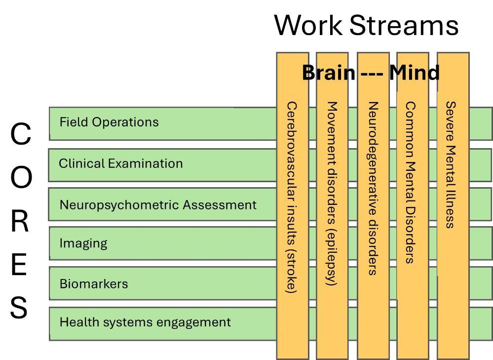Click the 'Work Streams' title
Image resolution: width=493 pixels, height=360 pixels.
tap(366, 25)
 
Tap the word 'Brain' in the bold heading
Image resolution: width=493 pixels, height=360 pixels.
tap(329, 73)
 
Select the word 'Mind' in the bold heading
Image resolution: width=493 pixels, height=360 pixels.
tap(415, 73)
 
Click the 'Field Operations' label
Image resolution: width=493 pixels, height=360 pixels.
tap(109, 122)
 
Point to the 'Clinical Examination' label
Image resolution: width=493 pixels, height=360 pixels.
tap(121, 163)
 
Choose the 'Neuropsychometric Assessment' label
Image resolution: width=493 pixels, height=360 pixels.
tap(158, 205)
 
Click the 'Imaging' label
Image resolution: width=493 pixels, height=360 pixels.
tap(83, 243)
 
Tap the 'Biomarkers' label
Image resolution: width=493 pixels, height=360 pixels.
tap(94, 284)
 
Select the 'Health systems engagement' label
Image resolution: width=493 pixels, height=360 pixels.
tap(145, 322)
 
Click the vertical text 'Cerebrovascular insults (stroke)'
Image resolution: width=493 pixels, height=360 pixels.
tap(292, 198)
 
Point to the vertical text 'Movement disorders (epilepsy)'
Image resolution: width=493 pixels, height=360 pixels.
tap(332, 194)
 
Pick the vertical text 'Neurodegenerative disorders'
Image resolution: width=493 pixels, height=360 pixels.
tap(373, 188)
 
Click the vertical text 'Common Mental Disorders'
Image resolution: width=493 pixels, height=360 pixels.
tap(410, 182)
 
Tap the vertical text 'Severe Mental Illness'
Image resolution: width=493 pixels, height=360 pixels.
tap(451, 164)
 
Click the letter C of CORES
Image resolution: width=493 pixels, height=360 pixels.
tap(21, 134)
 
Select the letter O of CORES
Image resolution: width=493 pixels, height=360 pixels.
tap(21, 177)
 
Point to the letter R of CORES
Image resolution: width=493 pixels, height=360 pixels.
tap(20, 221)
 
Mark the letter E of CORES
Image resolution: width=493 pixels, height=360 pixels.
tap(19, 264)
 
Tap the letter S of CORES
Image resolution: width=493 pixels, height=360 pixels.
tap(19, 307)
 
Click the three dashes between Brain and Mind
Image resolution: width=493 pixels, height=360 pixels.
tap(372, 75)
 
